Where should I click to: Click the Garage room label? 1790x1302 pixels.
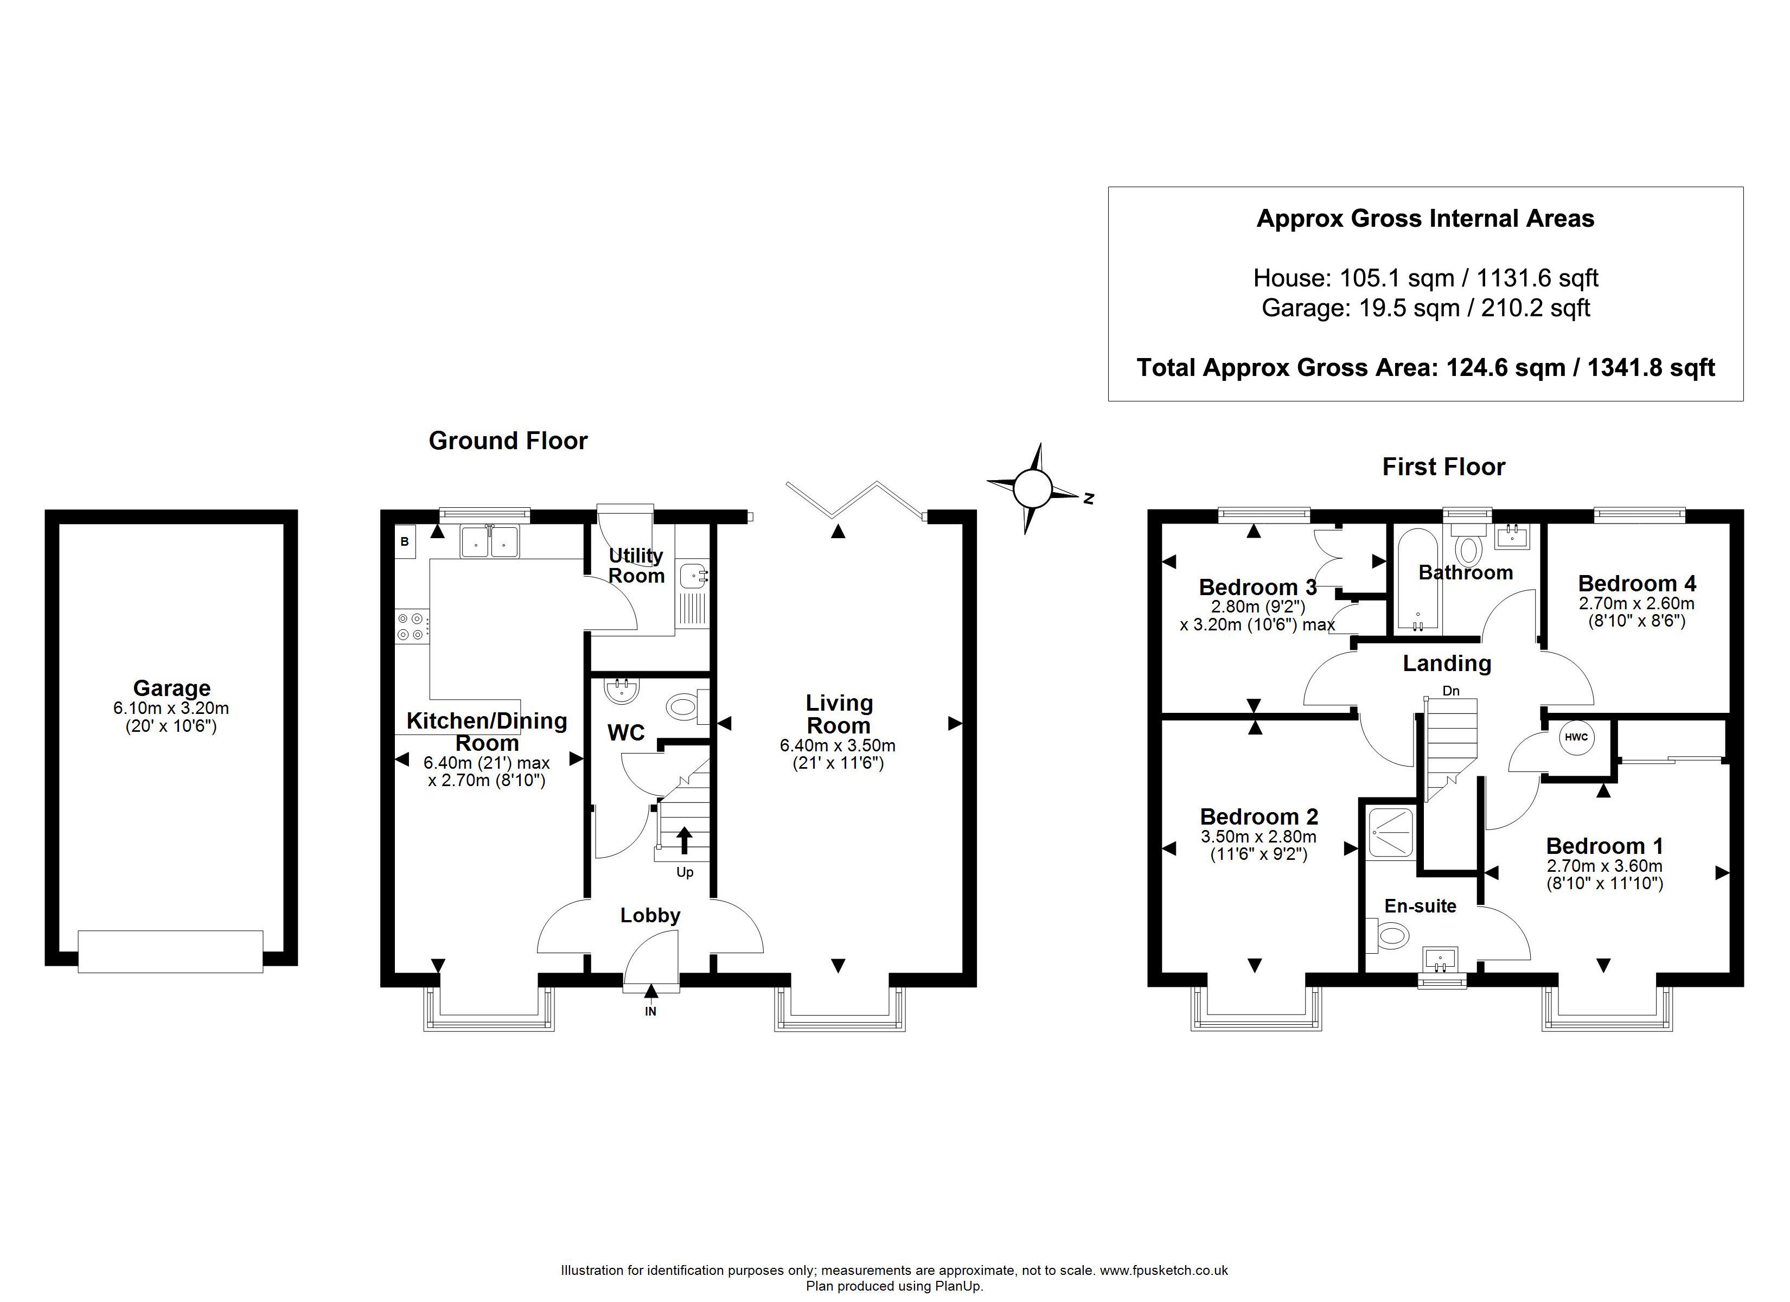coord(171,688)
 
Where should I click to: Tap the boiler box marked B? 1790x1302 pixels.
coord(405,541)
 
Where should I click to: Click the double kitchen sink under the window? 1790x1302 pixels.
coord(489,541)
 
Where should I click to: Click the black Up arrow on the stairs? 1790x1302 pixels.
coord(683,840)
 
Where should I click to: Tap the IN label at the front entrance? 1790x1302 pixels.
coord(650,1011)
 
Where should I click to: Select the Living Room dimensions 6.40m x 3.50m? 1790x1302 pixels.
coord(838,745)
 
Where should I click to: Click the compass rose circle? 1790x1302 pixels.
coord(1032,489)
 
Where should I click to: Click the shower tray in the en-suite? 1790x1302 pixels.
coord(1391,832)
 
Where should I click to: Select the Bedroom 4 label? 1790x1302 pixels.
coord(1637,584)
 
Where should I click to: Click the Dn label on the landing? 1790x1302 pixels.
coord(1450,691)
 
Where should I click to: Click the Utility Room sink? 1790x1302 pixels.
coord(694,576)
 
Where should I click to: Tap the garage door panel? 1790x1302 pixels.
coord(170,952)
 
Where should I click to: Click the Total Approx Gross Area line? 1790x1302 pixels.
coord(1425,367)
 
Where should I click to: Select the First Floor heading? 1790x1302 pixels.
coord(1443,467)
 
